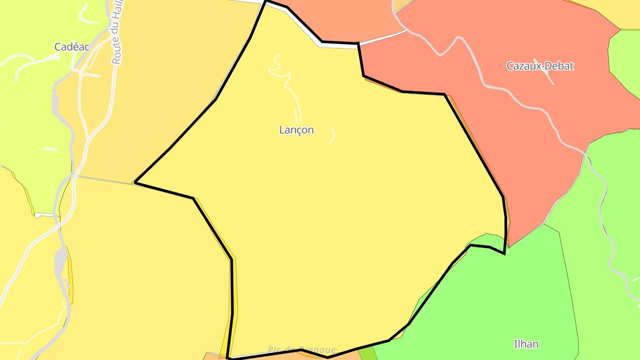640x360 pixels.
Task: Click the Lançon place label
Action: click(296, 130)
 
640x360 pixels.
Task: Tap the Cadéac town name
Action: click(72, 47)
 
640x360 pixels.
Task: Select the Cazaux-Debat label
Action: click(540, 66)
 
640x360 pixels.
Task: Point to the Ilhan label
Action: click(526, 344)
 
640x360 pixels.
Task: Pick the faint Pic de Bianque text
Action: click(302, 350)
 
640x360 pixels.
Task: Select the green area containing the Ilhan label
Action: click(498, 302)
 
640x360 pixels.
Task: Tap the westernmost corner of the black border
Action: click(135, 182)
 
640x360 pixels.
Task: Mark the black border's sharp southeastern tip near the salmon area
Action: click(504, 253)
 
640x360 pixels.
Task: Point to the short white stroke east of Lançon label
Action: click(332, 135)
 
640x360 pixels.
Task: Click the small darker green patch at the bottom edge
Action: click(367, 354)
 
